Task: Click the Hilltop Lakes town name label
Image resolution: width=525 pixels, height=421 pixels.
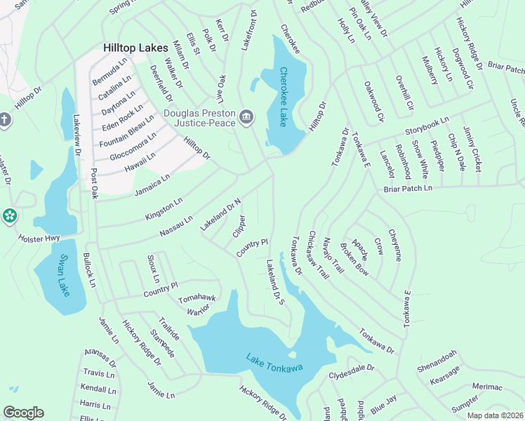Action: [x=135, y=48]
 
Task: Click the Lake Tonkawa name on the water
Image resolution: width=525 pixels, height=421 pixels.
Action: [x=274, y=363]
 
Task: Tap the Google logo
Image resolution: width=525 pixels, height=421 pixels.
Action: [x=23, y=413]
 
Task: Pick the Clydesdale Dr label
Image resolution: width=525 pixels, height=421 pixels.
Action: [x=352, y=372]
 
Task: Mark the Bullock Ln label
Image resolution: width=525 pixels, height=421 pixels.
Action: [x=90, y=270]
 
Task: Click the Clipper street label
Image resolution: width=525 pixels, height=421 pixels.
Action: [x=239, y=226]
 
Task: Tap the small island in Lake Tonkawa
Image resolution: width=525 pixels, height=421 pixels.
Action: [x=293, y=354]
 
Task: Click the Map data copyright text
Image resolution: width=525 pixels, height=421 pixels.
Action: [x=496, y=415]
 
